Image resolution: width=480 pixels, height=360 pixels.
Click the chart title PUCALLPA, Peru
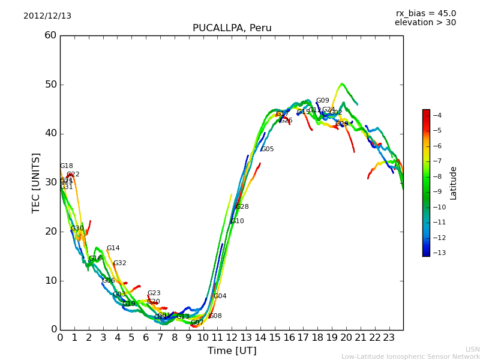[x=232, y=28]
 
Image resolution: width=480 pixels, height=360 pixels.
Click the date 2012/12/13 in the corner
[x=47, y=16]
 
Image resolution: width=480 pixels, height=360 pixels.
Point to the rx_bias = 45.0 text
[x=425, y=14]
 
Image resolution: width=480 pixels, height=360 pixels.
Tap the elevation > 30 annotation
[x=425, y=23]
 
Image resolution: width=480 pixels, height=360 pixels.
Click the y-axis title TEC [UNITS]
[x=36, y=182]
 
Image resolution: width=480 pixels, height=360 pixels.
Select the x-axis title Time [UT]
[x=232, y=351]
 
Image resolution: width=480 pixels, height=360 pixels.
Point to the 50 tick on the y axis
[x=50, y=85]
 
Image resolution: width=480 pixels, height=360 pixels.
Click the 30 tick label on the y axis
[x=50, y=182]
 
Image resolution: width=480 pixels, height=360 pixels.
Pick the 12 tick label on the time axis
[x=232, y=337]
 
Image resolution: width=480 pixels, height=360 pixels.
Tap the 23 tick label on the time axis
[x=389, y=337]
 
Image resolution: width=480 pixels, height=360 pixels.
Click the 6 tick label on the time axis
[x=146, y=337]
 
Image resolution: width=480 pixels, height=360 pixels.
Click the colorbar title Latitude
[x=454, y=183]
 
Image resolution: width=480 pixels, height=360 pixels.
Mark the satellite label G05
[x=267, y=149]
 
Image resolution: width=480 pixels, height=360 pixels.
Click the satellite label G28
[x=242, y=207]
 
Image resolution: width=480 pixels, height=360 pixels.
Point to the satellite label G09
[x=322, y=101]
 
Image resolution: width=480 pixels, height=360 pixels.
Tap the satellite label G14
[x=113, y=248]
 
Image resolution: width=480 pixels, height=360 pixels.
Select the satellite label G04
[x=220, y=296]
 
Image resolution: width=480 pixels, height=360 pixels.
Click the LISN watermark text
[x=472, y=349]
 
